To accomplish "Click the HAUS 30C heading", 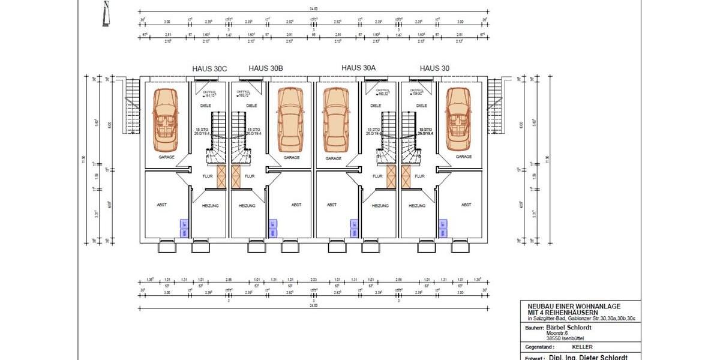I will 209,68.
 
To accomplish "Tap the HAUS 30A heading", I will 358,68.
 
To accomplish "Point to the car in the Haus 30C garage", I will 164,119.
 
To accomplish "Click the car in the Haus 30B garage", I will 292,119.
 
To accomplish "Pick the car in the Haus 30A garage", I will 335,119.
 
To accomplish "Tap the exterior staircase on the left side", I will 131,107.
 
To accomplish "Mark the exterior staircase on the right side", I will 495,107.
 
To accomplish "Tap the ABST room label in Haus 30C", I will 162,205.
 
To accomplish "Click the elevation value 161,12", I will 210,95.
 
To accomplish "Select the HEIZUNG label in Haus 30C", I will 211,205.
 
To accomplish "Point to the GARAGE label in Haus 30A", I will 334,158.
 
